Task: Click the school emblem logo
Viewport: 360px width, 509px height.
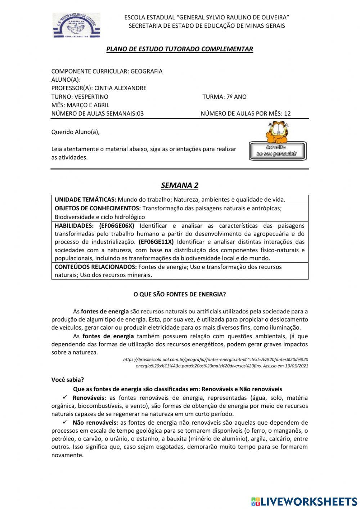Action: click(76, 25)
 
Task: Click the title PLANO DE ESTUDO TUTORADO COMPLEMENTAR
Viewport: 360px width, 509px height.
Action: click(180, 49)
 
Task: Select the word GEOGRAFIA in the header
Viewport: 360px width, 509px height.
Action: click(146, 71)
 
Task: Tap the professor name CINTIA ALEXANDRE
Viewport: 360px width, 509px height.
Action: click(120, 88)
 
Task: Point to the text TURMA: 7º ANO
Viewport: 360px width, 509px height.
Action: click(224, 97)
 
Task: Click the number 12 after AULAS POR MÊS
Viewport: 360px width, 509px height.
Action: click(287, 113)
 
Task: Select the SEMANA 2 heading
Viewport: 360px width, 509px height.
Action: click(180, 186)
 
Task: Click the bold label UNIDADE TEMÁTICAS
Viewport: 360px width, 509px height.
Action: click(85, 200)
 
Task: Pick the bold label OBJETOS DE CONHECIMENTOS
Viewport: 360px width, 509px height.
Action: click(98, 208)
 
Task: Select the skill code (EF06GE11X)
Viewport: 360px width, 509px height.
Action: click(156, 242)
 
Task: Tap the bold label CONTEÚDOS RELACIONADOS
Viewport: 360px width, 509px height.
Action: click(95, 267)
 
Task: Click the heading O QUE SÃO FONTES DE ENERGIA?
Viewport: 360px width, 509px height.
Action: click(180, 294)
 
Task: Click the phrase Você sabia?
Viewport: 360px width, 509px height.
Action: click(68, 380)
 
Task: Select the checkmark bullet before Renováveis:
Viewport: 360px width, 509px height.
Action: click(65, 398)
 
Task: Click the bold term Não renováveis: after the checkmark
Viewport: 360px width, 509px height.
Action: click(95, 423)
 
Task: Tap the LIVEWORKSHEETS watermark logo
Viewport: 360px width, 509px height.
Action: click(304, 501)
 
